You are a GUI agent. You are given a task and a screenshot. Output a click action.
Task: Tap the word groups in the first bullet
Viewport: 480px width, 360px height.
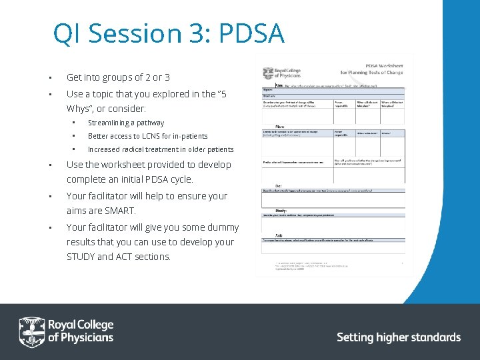[x=123, y=77]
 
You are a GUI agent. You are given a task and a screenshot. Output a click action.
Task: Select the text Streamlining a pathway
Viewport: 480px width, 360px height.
[x=126, y=123]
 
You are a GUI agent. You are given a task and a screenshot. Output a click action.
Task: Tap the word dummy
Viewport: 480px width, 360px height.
[x=223, y=227]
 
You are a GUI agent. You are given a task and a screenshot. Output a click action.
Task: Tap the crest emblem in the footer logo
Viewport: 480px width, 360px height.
[x=31, y=331]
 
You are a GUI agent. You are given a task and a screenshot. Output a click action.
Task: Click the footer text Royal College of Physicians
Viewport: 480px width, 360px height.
[x=80, y=331]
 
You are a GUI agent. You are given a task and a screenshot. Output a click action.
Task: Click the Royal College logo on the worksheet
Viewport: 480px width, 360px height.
[x=278, y=73]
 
